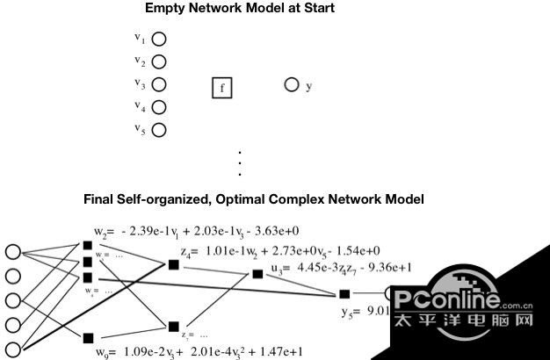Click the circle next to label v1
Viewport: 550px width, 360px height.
click(x=159, y=40)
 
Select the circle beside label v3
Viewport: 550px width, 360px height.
click(x=159, y=85)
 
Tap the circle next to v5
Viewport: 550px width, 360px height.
click(x=159, y=131)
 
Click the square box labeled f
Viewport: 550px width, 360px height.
click(x=221, y=88)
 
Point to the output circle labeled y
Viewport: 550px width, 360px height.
click(x=292, y=85)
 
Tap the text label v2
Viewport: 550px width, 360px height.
click(x=140, y=61)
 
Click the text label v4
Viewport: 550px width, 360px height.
click(x=140, y=106)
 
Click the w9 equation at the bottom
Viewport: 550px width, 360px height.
click(x=199, y=351)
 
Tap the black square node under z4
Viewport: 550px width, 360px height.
click(x=174, y=264)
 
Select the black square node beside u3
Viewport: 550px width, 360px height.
click(x=257, y=274)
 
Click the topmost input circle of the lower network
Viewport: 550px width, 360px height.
click(x=13, y=252)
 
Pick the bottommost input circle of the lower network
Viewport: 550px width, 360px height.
click(x=13, y=348)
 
